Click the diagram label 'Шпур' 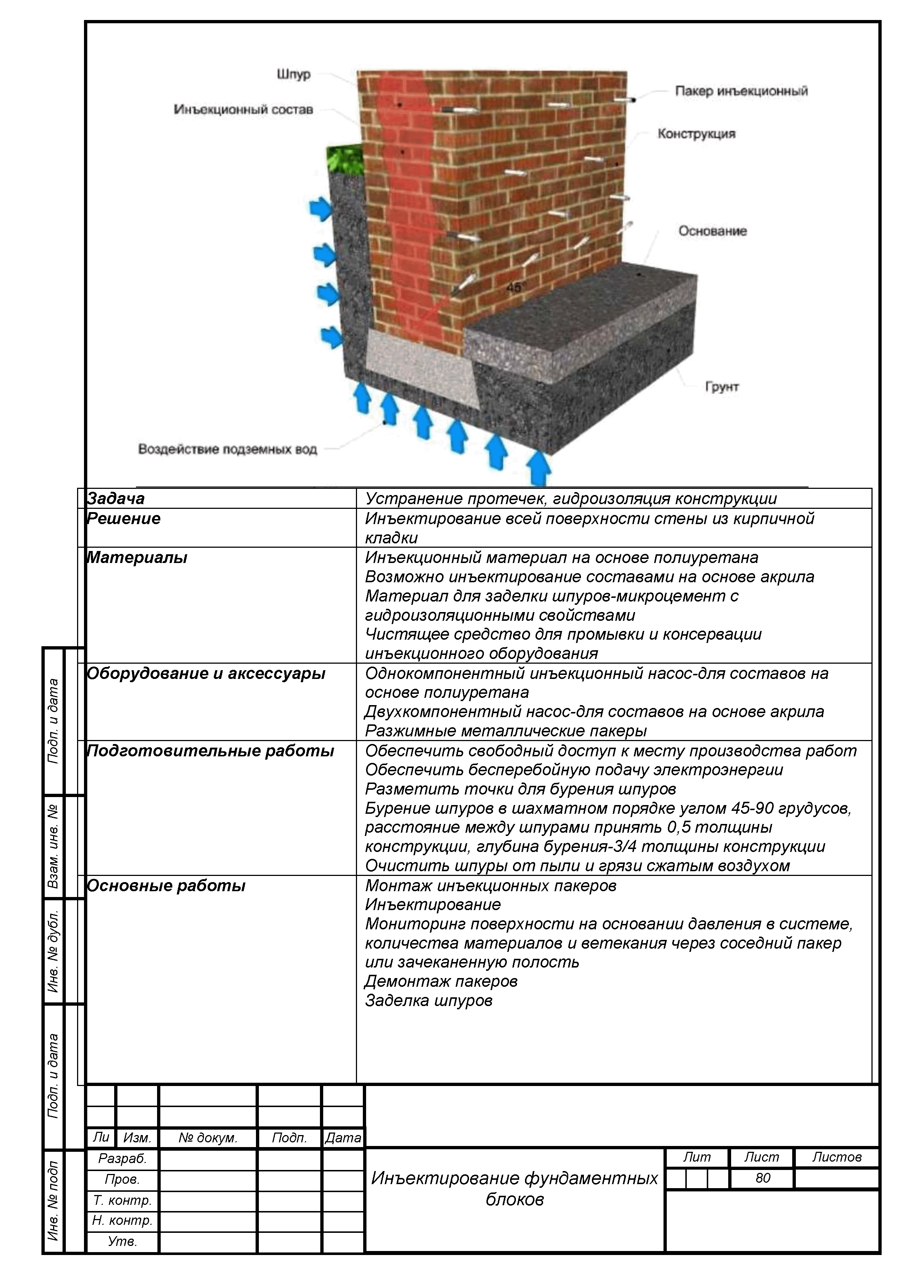(x=294, y=75)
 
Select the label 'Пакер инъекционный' (x=741, y=91)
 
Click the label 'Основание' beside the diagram (x=712, y=231)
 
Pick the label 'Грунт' (x=722, y=387)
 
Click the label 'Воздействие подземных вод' (x=227, y=449)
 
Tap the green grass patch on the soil (x=344, y=159)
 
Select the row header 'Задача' (x=116, y=499)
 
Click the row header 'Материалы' (x=137, y=558)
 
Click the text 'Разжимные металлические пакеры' (x=505, y=731)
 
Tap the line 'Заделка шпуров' (x=428, y=1001)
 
